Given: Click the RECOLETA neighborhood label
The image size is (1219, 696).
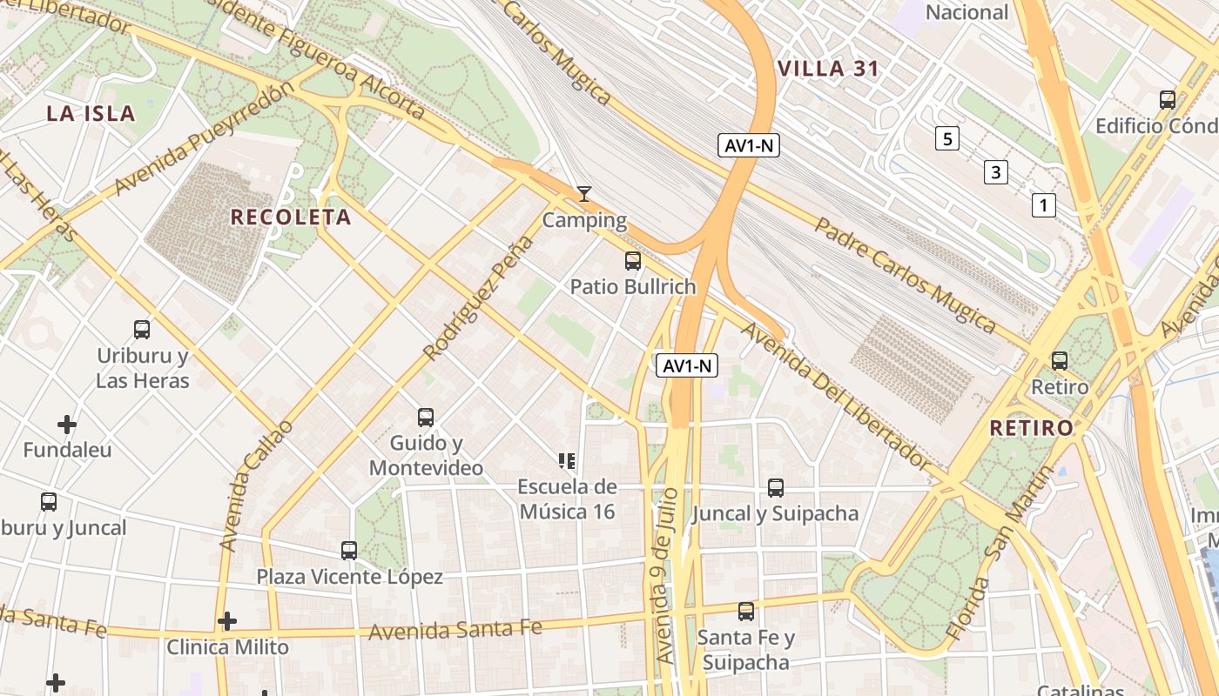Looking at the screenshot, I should tap(291, 217).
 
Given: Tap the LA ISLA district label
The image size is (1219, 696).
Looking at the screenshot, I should tap(91, 113).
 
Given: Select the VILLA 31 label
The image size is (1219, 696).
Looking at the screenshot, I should tap(828, 69).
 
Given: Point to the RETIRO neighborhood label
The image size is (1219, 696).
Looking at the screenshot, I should tap(1032, 428).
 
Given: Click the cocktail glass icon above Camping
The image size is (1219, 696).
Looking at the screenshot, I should tap(584, 193).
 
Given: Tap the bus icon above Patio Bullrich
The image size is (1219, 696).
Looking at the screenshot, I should tap(633, 260).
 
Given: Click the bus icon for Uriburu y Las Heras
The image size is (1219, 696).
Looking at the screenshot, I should tap(142, 330).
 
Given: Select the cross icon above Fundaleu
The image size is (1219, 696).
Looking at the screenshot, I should tap(67, 425).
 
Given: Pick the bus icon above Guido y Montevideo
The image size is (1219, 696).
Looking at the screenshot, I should tap(426, 418).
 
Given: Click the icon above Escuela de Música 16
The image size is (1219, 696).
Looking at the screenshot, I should tap(567, 461).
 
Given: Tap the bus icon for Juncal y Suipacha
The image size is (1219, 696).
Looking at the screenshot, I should tap(776, 488).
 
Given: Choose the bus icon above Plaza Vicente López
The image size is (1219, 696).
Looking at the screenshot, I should tap(349, 551).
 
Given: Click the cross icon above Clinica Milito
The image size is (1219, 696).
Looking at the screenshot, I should tap(227, 621).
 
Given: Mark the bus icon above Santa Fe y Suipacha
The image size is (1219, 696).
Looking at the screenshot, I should tap(746, 612).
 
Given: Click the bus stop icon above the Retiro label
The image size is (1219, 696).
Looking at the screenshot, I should tap(1060, 360).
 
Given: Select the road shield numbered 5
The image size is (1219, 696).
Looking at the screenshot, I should tap(947, 137).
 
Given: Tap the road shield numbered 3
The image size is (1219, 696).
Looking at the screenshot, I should tap(995, 172).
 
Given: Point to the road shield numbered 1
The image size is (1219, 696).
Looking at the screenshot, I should tap(1043, 205).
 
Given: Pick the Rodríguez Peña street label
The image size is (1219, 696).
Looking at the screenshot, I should tap(477, 298).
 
